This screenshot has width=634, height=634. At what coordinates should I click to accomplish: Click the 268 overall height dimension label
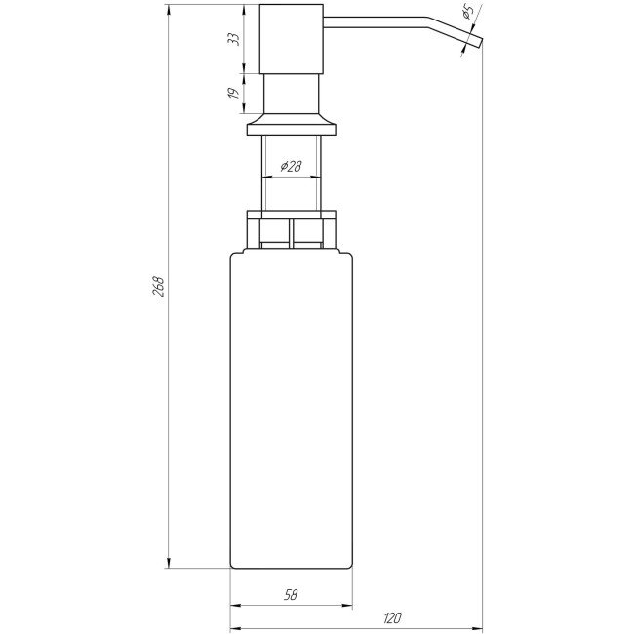coord(159,287)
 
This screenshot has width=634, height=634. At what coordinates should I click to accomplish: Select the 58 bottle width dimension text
coord(292,593)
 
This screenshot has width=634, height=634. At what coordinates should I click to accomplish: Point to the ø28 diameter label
coord(290,167)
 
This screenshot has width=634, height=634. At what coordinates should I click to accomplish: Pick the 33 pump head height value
coord(232,38)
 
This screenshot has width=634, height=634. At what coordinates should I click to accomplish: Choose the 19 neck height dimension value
coord(232,93)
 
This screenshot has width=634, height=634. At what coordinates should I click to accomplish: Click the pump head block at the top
coord(292,38)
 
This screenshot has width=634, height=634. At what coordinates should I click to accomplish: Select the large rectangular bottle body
coord(292,410)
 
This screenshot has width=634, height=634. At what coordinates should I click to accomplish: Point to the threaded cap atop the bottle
coord(292,229)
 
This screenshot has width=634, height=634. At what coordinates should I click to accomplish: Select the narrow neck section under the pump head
coord(292,94)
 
